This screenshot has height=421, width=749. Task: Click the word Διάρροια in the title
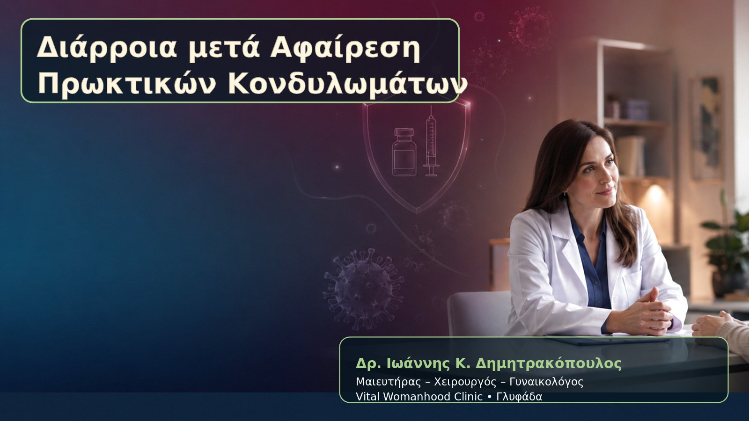tap(106, 48)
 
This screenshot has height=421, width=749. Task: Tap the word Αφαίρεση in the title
tap(345, 48)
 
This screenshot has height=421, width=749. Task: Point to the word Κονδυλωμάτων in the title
tap(347, 85)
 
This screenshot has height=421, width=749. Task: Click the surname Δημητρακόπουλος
tap(548, 363)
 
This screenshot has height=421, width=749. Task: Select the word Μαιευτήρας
tap(388, 382)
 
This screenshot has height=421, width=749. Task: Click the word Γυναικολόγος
tap(546, 382)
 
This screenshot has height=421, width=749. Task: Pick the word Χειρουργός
tap(465, 382)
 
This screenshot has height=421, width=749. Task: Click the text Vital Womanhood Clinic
tap(419, 397)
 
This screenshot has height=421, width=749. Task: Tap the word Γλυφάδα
tap(519, 397)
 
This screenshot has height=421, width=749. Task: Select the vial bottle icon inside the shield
tap(404, 152)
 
